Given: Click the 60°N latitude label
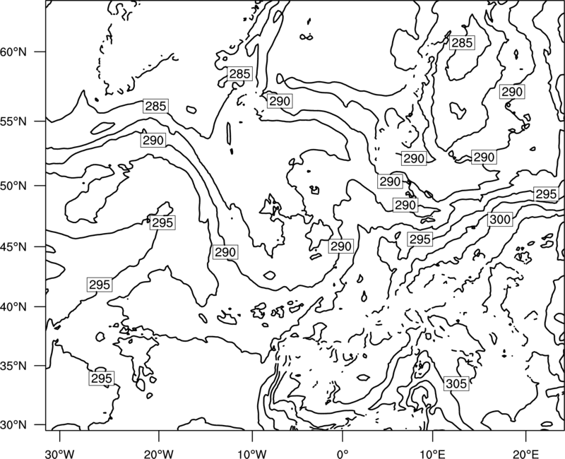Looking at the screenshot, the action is [x=13, y=52].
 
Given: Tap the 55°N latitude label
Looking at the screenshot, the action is [x=13, y=121].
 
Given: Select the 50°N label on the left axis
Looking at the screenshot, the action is [x=13, y=186].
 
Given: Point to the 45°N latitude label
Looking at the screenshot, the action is [x=13, y=246].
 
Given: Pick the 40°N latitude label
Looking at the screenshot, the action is [x=13, y=307].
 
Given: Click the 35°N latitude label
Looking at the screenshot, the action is [x=13, y=366].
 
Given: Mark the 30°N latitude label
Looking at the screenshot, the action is [x=13, y=425].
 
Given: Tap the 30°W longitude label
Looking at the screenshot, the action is [x=60, y=453].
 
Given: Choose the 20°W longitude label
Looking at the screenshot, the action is [x=158, y=453].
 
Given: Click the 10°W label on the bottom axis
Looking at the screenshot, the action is [x=252, y=453].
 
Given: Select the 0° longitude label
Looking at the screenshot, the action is [x=343, y=453].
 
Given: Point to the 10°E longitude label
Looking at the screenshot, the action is [x=432, y=453].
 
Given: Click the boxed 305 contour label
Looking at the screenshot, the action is [x=456, y=383].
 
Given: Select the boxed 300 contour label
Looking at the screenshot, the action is [x=500, y=219].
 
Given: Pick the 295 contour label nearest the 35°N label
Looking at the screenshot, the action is [x=102, y=378].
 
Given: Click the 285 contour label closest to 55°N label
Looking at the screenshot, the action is [x=155, y=107].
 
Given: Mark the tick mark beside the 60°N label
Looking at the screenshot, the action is [x=40, y=52].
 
